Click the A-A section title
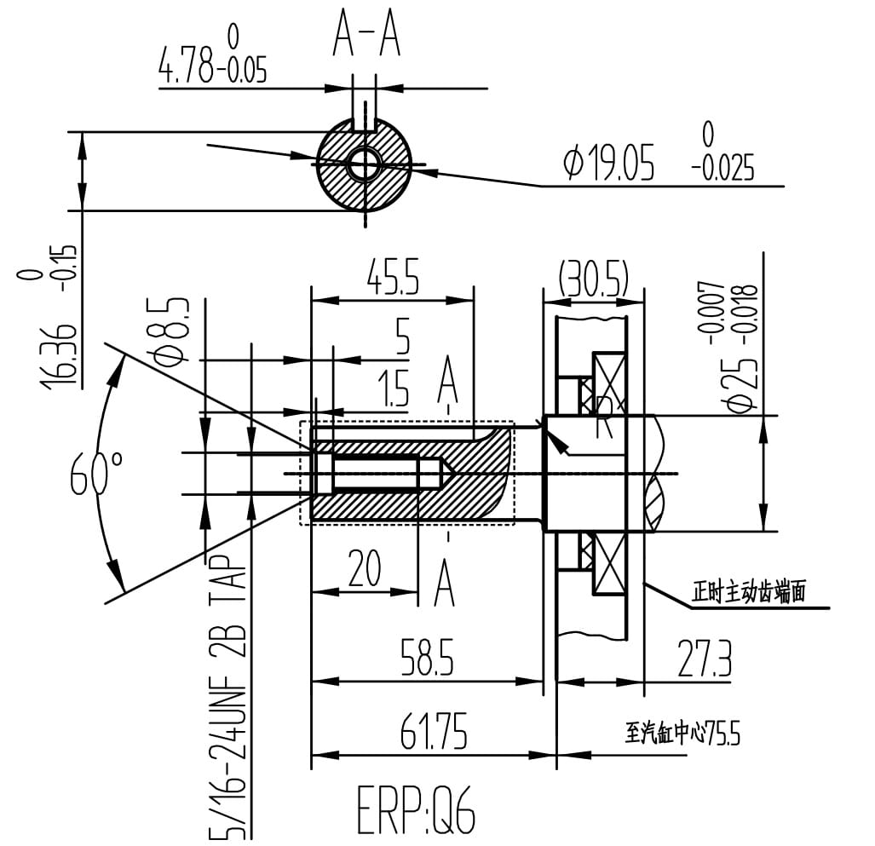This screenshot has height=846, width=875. (366, 35)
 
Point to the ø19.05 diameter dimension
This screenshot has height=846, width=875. (608, 162)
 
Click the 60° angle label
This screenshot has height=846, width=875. (96, 473)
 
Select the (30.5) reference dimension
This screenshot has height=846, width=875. (594, 277)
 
